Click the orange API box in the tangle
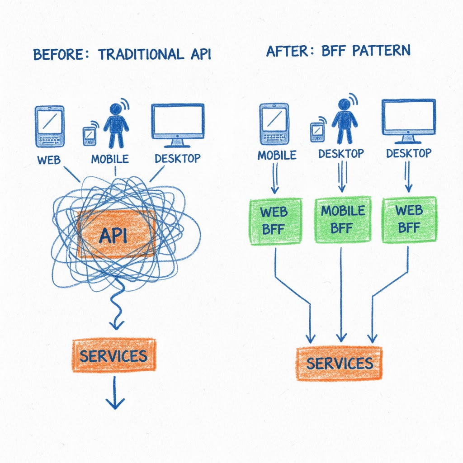(116, 235)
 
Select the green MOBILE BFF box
(342, 219)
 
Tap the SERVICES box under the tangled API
(113, 355)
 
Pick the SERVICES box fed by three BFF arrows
(339, 363)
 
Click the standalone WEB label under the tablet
(48, 159)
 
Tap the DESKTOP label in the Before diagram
(177, 159)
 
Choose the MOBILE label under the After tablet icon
(277, 155)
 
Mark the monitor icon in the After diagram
(409, 119)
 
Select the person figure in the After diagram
(345, 119)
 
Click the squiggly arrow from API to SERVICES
(117, 307)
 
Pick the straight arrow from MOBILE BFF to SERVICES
(341, 294)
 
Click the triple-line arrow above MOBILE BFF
(342, 178)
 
